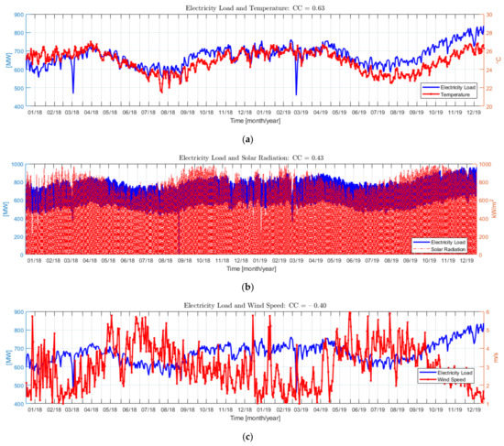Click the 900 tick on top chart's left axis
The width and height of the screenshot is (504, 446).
pos(18,16)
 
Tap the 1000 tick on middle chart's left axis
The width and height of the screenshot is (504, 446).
pos(16,165)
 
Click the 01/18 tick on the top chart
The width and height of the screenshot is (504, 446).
pos(34,114)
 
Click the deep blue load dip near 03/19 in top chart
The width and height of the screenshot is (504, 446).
pos(296,92)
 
